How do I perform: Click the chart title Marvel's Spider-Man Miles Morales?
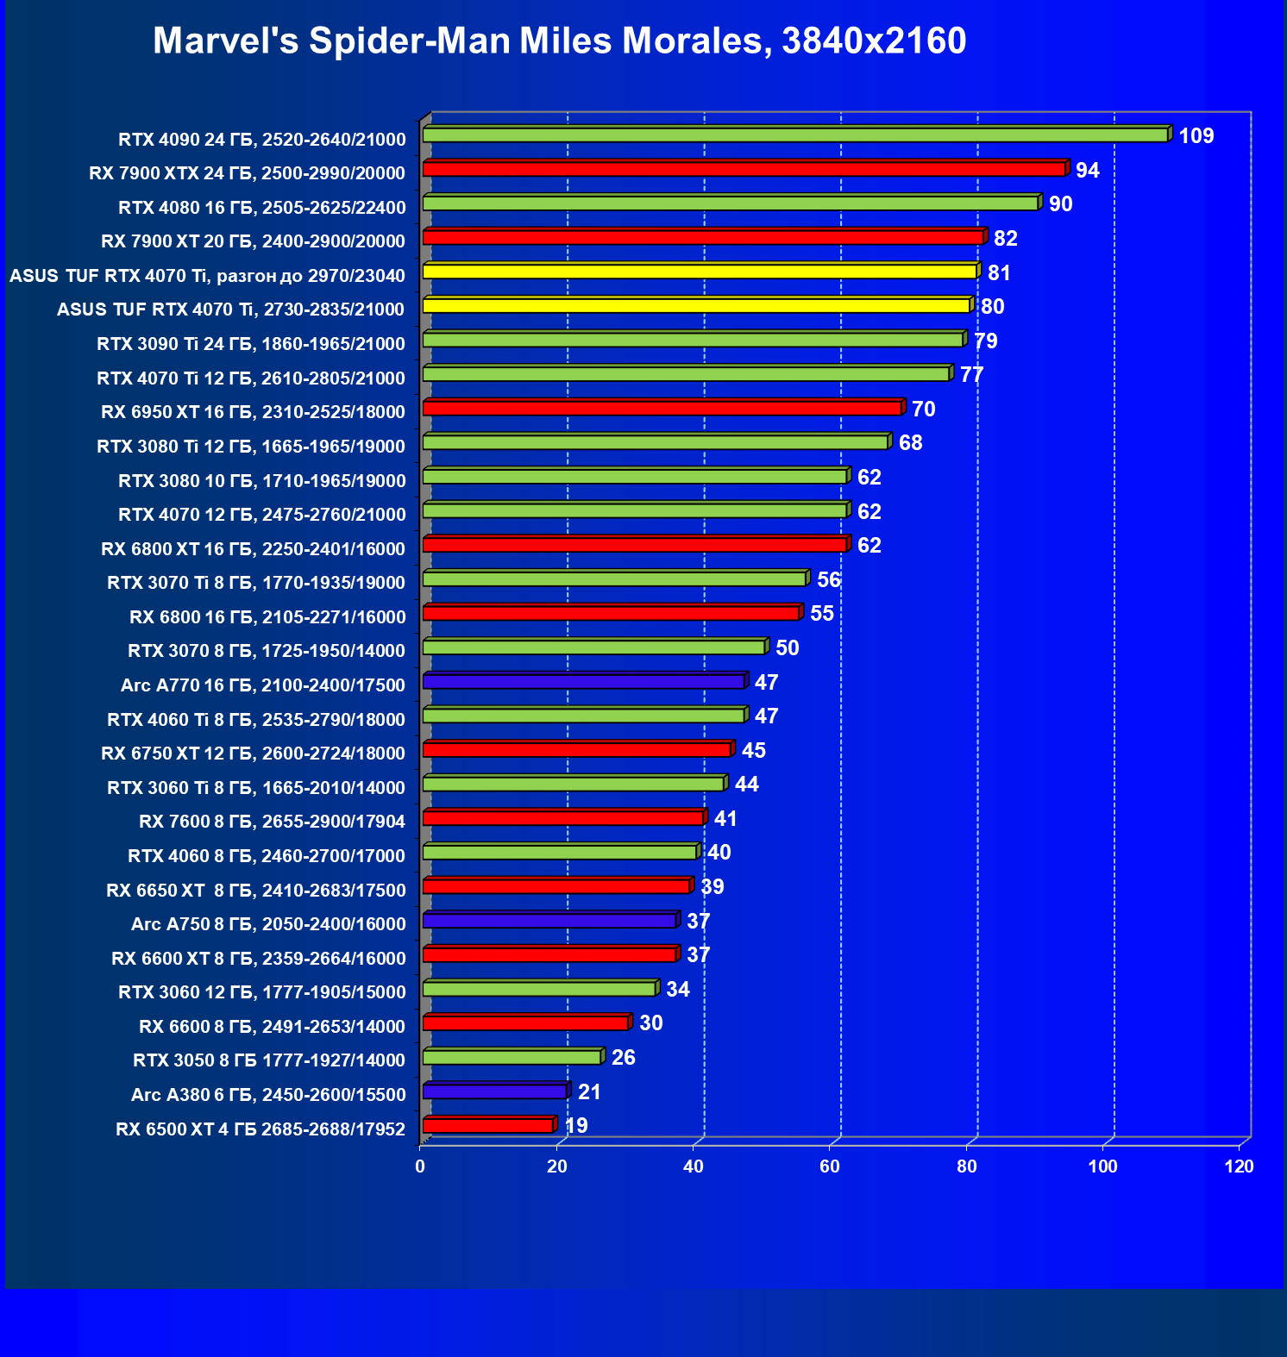coord(559,41)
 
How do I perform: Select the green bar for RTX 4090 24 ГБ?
coord(794,135)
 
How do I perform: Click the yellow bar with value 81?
coord(699,272)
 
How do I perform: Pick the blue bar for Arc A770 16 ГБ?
coord(583,682)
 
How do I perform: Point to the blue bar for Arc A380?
coord(494,1091)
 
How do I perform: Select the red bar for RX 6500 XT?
coord(487,1126)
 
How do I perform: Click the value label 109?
coord(1196,136)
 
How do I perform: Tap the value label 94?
coord(1087,171)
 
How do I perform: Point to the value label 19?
coord(575,1126)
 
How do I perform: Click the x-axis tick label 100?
coord(1102,1166)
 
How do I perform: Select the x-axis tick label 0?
coord(420,1166)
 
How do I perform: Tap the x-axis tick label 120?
coord(1240,1166)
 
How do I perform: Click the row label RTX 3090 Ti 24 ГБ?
coord(250,344)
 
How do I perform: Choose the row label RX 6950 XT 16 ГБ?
coord(253,412)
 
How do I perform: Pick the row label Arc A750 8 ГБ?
coord(267,924)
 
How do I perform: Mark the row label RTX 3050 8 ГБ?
coord(268,1060)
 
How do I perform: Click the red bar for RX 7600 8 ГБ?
coord(563,818)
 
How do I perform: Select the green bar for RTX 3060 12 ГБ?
coord(539,989)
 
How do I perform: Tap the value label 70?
coord(923,410)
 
